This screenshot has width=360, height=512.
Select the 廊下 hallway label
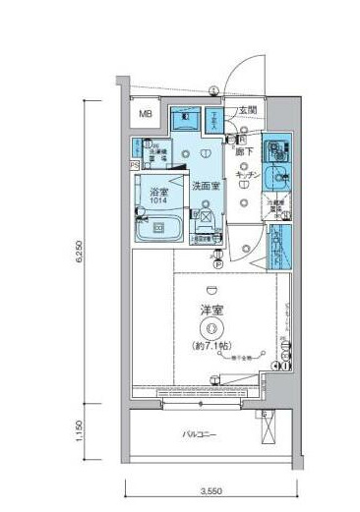tap(245, 152)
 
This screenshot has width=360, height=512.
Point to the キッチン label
tap(247, 174)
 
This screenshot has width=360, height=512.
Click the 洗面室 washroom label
tap(205, 184)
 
